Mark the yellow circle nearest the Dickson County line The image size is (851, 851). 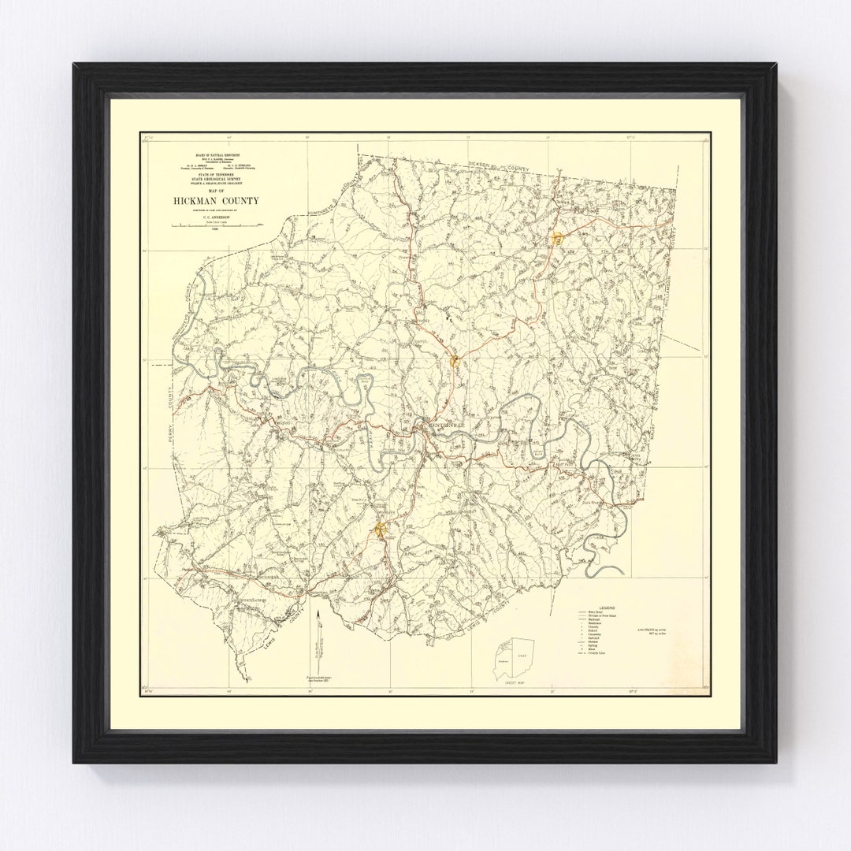click(556, 237)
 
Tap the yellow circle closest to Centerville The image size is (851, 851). click(455, 361)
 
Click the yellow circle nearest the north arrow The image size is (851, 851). click(381, 529)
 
